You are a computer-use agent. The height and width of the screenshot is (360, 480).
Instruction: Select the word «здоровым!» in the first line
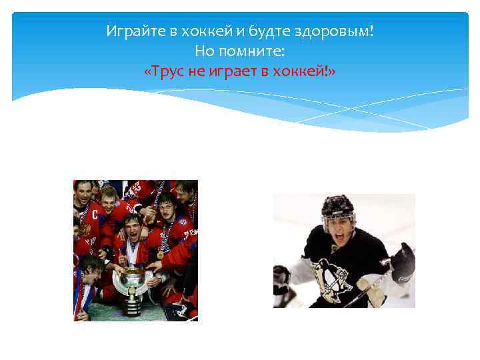[x=345, y=31]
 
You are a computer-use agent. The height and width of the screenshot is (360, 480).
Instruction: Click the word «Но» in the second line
[x=205, y=51]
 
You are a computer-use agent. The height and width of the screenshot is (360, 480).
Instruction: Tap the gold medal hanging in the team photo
[x=160, y=254]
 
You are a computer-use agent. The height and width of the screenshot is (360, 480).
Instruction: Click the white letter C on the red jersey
[x=95, y=215]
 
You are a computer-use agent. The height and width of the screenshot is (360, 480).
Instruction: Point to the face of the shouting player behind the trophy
[x=133, y=230]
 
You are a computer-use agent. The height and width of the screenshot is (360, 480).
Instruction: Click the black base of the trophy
[x=133, y=307]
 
